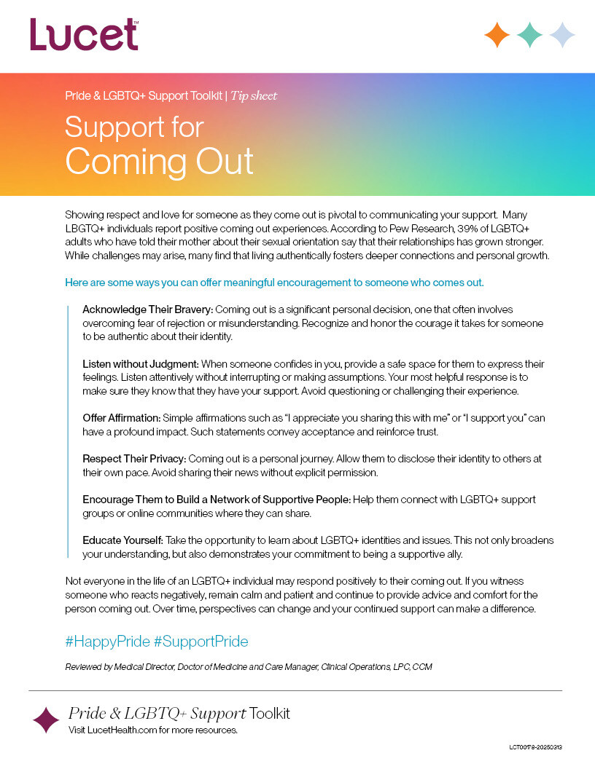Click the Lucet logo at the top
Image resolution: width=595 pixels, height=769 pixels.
[84, 34]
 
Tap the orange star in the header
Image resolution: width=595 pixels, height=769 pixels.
[497, 35]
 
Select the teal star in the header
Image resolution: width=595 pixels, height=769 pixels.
[530, 35]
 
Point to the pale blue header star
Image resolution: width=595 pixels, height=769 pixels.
[562, 35]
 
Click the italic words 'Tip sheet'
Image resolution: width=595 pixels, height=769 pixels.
[254, 96]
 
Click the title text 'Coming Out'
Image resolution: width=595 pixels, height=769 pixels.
[159, 160]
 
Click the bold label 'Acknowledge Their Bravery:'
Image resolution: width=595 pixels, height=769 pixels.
[147, 309]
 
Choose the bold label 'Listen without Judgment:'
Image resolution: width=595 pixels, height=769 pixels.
[141, 363]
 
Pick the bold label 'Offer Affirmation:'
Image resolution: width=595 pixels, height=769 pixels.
[121, 418]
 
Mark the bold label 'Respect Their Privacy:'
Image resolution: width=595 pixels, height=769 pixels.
[135, 459]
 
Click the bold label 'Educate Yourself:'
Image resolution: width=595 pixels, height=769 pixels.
[122, 540]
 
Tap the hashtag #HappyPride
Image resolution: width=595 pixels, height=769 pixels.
[107, 642]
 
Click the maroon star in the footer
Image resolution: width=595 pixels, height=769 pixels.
[46, 719]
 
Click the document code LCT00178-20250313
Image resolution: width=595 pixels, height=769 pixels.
[540, 748]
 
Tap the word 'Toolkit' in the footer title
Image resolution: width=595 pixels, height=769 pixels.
[270, 713]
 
